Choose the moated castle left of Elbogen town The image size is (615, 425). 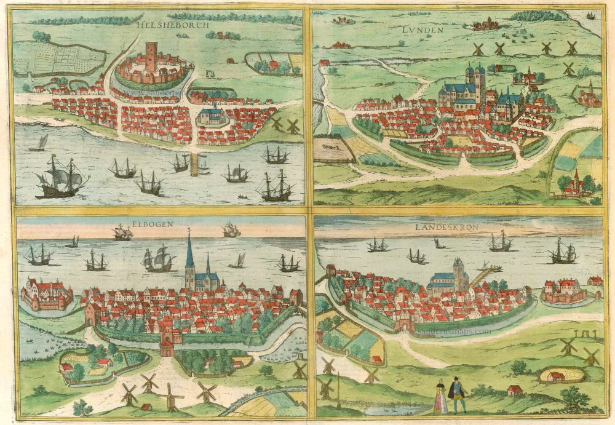(46, 293)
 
